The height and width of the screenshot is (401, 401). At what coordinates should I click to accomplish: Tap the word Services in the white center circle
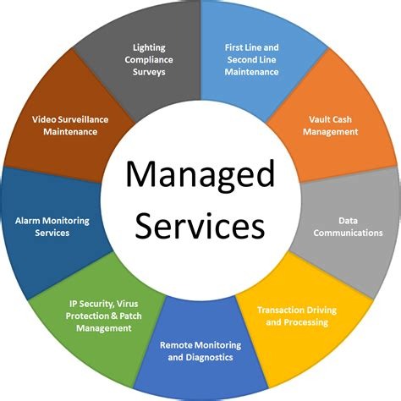pyautogui.click(x=200, y=225)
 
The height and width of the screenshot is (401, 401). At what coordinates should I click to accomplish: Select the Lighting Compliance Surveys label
pyautogui.click(x=149, y=59)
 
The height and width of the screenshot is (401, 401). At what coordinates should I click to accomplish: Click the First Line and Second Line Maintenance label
pyautogui.click(x=251, y=59)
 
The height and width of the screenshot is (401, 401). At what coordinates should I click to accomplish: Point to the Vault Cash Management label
pyautogui.click(x=330, y=125)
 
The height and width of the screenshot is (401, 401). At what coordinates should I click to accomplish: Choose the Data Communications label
pyautogui.click(x=348, y=227)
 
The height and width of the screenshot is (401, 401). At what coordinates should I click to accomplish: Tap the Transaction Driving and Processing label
pyautogui.click(x=297, y=316)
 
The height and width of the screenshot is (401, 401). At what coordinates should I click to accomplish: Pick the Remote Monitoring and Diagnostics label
pyautogui.click(x=200, y=351)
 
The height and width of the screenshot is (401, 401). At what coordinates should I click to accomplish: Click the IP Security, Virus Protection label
pyautogui.click(x=103, y=310)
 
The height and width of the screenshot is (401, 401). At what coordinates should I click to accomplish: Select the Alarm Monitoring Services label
pyautogui.click(x=52, y=227)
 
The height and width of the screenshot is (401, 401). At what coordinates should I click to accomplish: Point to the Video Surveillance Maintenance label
pyautogui.click(x=70, y=125)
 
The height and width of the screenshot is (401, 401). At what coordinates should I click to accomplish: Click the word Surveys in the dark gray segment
pyautogui.click(x=149, y=72)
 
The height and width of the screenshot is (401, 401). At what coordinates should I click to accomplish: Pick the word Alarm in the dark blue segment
pyautogui.click(x=26, y=221)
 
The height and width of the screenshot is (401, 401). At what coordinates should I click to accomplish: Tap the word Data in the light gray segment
pyautogui.click(x=348, y=221)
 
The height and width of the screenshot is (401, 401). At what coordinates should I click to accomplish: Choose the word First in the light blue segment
pyautogui.click(x=233, y=47)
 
